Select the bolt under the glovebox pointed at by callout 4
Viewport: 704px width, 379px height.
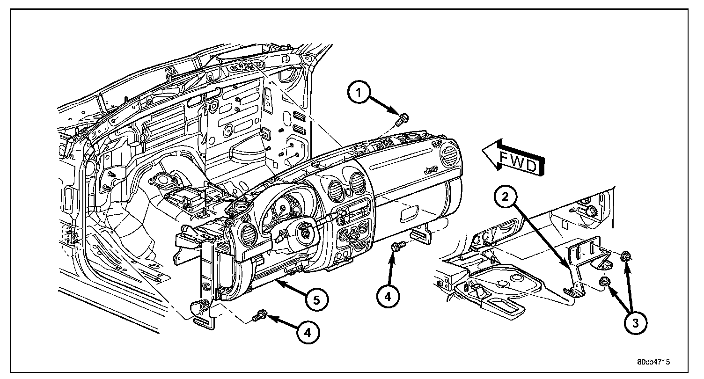[397, 247]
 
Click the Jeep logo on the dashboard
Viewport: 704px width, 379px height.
[431, 172]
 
